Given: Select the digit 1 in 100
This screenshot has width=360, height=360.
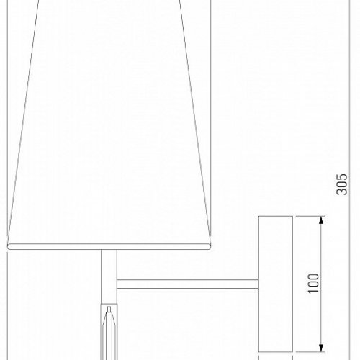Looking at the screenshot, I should [312, 287].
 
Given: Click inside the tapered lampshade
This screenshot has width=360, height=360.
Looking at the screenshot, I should [108, 130].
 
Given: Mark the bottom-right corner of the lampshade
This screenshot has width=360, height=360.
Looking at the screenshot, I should [210, 245].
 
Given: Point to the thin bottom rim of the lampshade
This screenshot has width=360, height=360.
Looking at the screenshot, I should [108, 247].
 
